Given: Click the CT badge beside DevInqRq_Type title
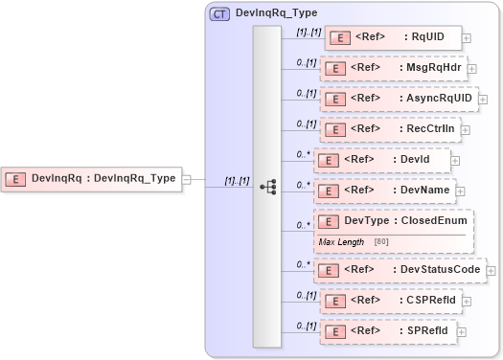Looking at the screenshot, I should tap(219, 12).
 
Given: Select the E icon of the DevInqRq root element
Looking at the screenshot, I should tap(16, 177).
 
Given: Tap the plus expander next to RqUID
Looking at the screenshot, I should tap(467, 38).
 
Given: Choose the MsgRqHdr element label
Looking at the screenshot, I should tap(430, 68).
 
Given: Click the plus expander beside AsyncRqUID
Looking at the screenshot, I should tap(483, 99).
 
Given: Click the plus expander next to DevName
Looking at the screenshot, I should tap(456, 191).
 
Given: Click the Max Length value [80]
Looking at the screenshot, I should tap(381, 242).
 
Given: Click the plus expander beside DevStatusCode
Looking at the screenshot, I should tap(491, 271).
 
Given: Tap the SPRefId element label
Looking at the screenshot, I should tap(423, 331).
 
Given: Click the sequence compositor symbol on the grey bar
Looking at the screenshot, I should tap(267, 187).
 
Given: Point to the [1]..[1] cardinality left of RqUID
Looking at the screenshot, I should tap(309, 32).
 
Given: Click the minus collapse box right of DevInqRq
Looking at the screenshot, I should tap(187, 178).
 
